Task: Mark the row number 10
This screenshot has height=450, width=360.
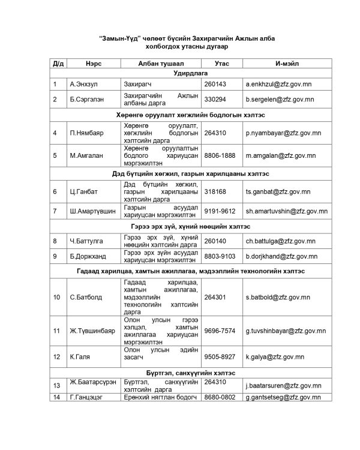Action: point(56,297)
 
